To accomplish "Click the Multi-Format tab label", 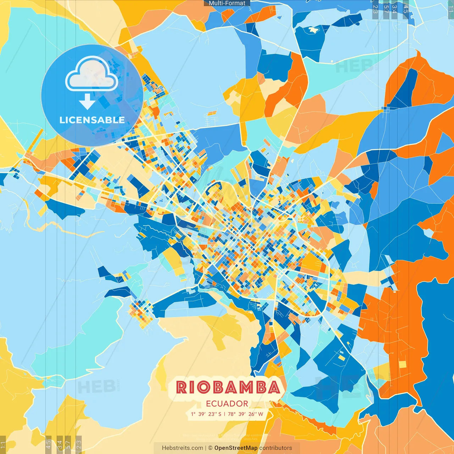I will [227, 3].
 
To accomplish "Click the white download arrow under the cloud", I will [87, 101].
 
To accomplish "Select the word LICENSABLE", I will [92, 120].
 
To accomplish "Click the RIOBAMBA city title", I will [228, 387].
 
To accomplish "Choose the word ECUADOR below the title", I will [227, 404].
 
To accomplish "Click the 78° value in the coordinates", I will [232, 414].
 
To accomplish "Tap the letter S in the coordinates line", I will [220, 414].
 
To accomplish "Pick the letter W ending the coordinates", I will [261, 414].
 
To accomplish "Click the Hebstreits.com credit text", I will [182, 448].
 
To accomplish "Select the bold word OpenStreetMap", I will [236, 448].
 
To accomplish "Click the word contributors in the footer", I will [276, 448].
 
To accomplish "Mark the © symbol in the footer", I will [210, 448].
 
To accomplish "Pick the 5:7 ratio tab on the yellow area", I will [68, 444].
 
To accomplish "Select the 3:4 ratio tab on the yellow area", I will [60, 444].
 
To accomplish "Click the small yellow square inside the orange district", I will [402, 365].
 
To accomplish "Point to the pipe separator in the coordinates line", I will [224, 414].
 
